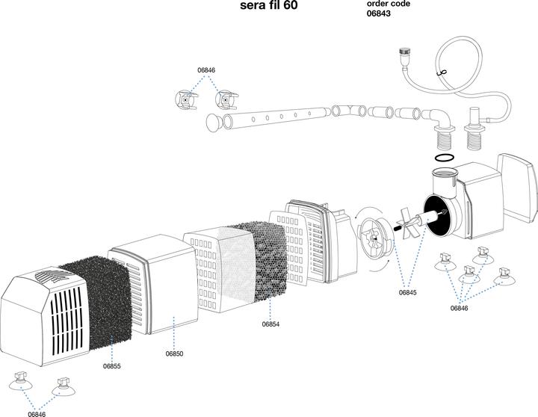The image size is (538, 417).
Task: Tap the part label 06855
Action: (112, 366)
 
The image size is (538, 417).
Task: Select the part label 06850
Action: (174, 353)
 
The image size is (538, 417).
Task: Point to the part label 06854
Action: (271, 324)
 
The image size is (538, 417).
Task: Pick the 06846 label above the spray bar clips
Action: (206, 70)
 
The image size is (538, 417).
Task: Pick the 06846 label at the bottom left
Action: (37, 413)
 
